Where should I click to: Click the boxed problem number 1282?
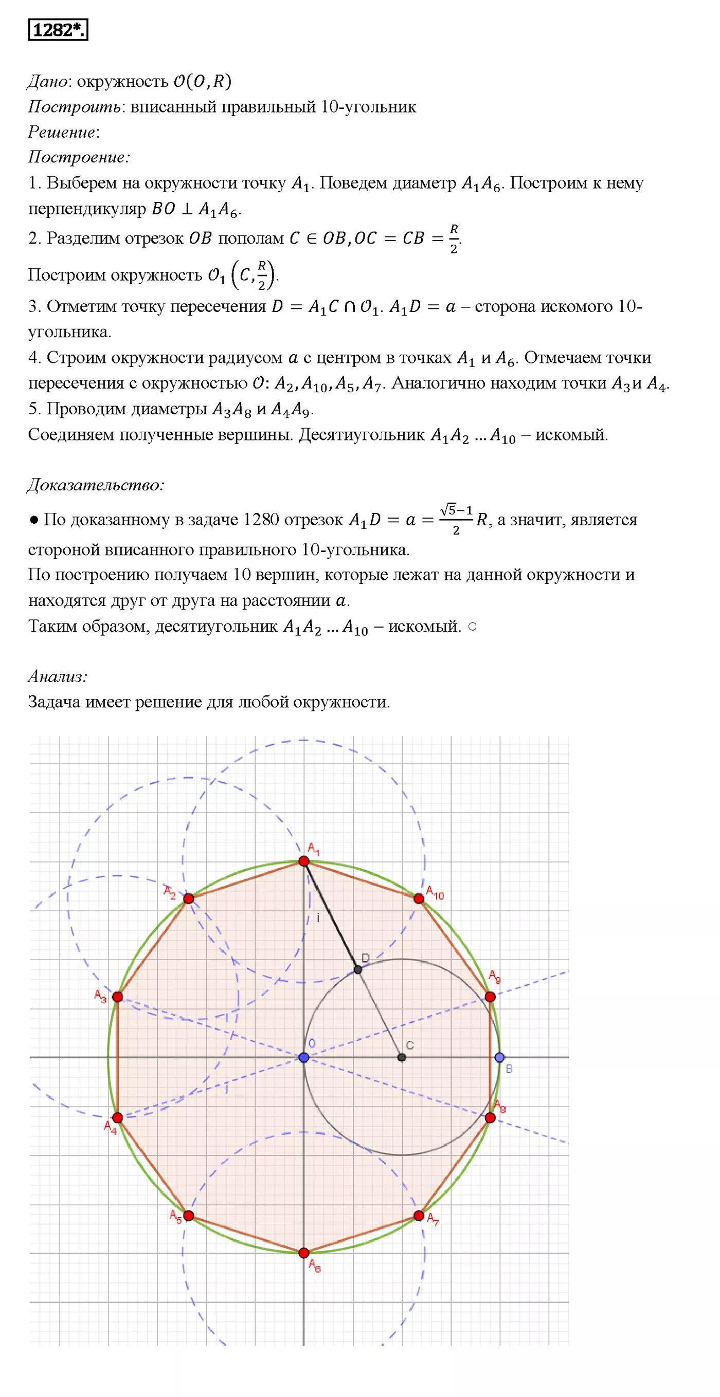point(58,30)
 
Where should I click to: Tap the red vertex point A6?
point(304,1253)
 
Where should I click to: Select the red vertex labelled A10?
point(419,898)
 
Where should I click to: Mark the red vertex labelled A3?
point(117,997)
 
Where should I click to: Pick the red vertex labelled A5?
point(189,1216)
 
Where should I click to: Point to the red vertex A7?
point(419,1216)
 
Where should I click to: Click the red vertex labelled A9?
point(490,997)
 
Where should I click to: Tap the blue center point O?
point(304,1057)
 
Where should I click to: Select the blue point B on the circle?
point(500,1057)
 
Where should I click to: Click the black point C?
point(402,1057)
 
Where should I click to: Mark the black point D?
point(357,970)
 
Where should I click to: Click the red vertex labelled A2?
point(189,898)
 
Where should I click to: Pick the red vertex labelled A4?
point(117,1118)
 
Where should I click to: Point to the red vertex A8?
point(490,1118)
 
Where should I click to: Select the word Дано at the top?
point(48,81)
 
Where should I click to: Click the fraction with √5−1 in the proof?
point(456,520)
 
